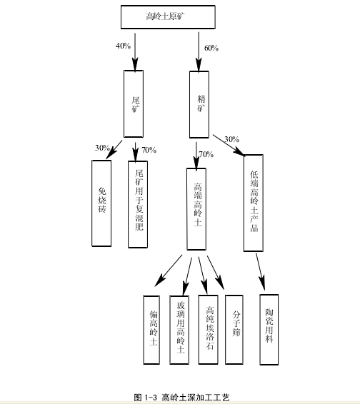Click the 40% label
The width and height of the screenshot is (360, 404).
tap(124, 46)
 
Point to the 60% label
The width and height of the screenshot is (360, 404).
tap(211, 48)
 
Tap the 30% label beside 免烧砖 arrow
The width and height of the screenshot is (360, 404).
tap(102, 148)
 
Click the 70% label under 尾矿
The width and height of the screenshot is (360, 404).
tap(149, 150)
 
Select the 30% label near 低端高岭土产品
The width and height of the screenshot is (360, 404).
tap(232, 139)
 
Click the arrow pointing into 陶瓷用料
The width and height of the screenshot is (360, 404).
tap(261, 272)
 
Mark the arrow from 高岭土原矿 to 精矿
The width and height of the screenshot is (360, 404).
tap(199, 51)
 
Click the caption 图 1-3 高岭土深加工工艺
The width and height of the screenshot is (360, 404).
tap(182, 398)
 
